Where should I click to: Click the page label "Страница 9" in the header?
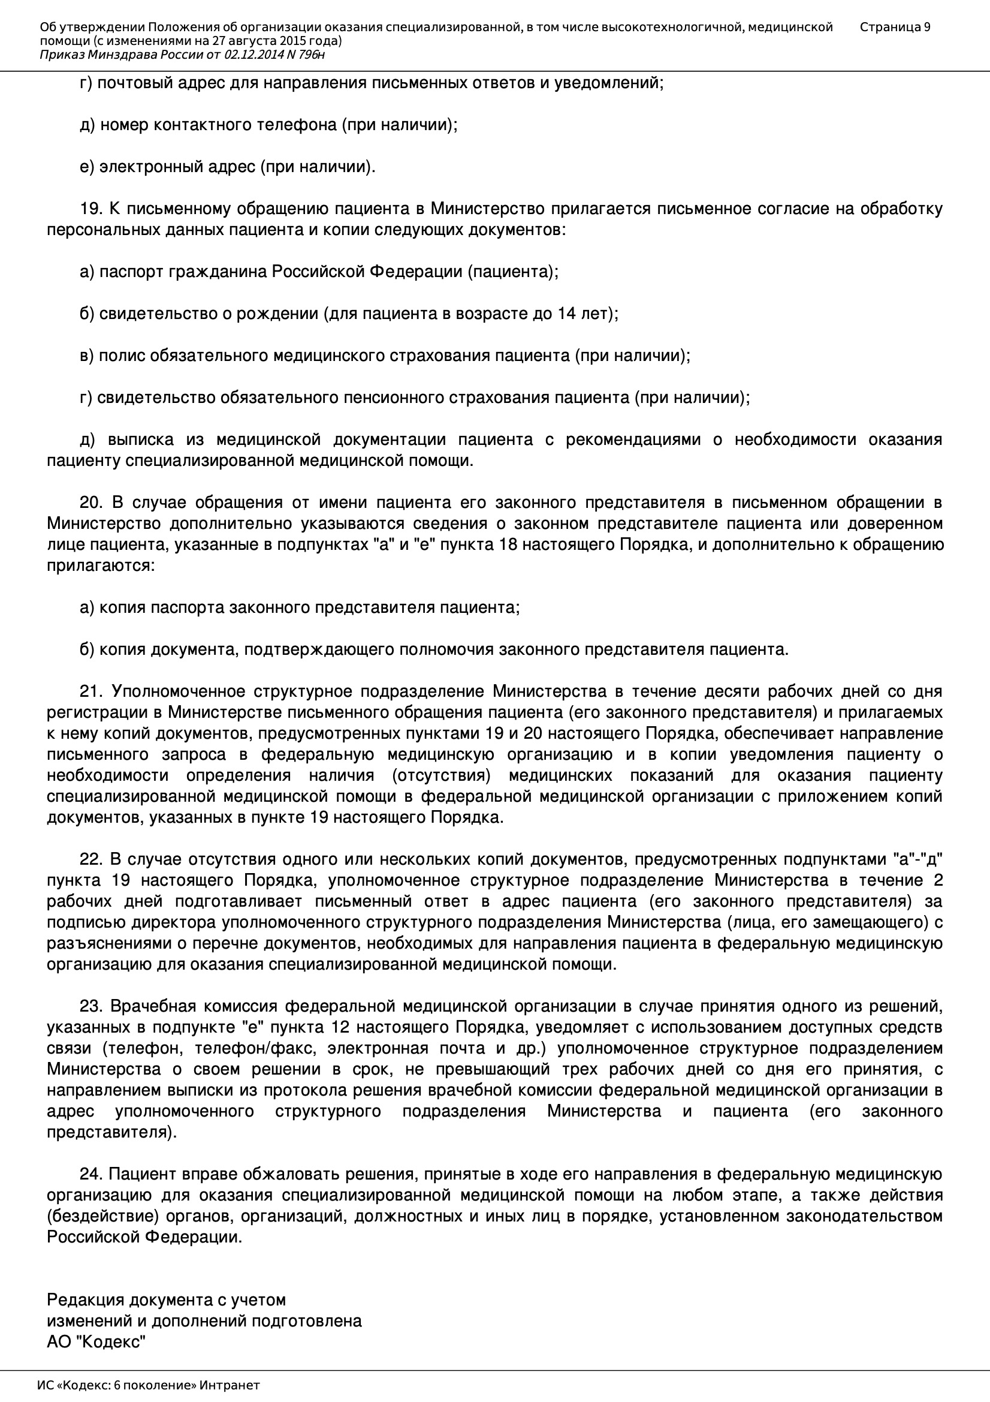pos(895,27)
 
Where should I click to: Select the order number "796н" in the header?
pos(312,55)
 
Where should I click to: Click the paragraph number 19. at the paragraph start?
pos(91,209)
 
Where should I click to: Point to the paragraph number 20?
pos(91,503)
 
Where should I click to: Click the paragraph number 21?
pos(91,691)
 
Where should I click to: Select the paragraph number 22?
pos(91,859)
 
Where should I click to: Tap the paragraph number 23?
pos(91,1006)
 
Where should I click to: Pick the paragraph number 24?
pos(91,1174)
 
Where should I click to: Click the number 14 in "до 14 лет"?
pos(567,314)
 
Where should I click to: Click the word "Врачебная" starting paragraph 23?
pos(153,1006)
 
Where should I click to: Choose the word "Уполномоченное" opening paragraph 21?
pos(177,691)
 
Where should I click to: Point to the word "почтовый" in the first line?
pos(134,83)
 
